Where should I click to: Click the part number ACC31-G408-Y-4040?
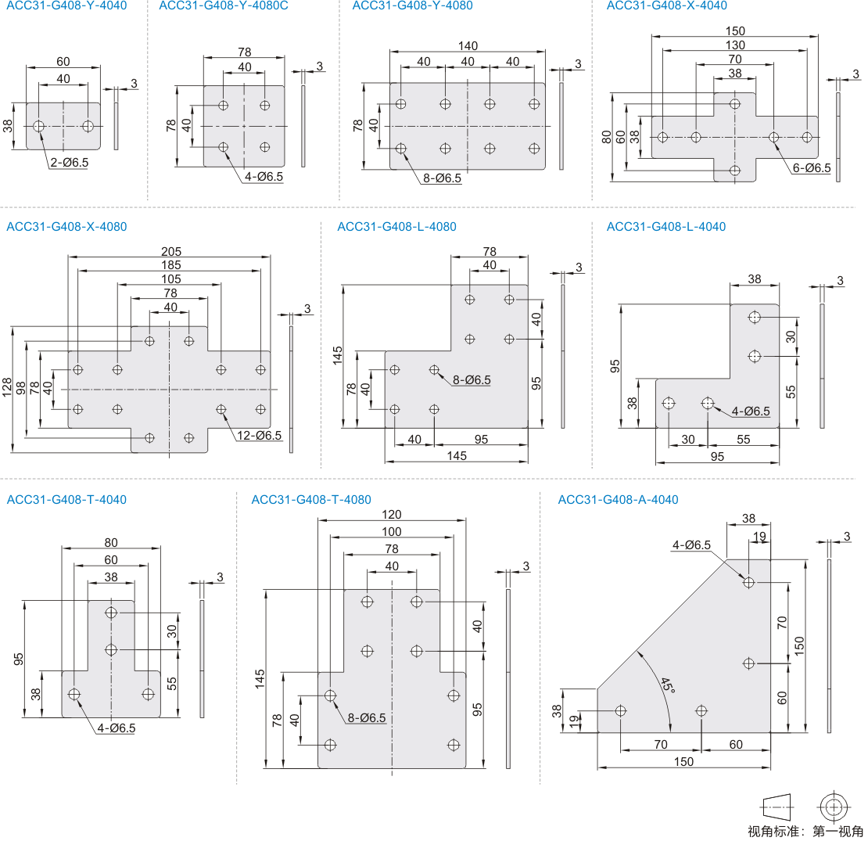(x=66, y=5)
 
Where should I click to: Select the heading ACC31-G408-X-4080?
(x=66, y=227)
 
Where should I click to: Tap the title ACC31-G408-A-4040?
(x=618, y=499)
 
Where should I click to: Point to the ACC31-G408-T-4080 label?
(x=311, y=499)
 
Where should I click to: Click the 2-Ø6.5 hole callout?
(x=69, y=163)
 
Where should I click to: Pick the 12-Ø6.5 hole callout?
(x=258, y=436)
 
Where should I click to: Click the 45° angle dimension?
(x=665, y=687)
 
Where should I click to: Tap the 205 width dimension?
(x=170, y=251)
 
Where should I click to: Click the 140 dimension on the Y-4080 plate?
(x=468, y=46)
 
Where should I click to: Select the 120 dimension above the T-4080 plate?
(x=392, y=514)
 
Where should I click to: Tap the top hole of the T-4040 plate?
(x=111, y=612)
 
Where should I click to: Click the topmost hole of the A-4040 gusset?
(x=748, y=582)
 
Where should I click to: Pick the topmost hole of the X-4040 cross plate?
(x=734, y=103)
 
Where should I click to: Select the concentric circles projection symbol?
(x=833, y=806)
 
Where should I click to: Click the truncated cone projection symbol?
(x=777, y=806)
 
